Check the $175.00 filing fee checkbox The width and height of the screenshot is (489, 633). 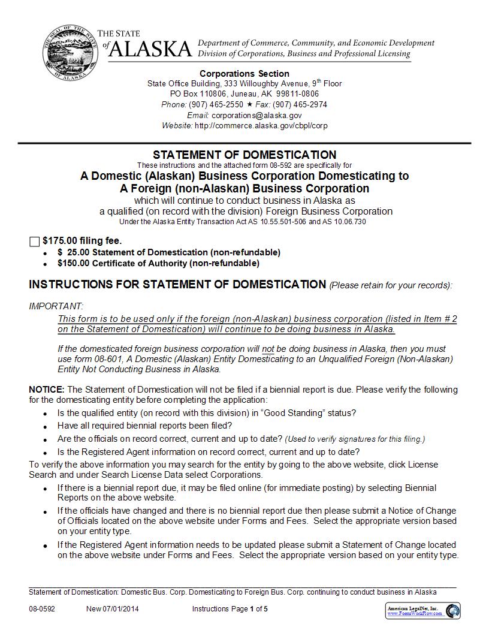tap(34, 242)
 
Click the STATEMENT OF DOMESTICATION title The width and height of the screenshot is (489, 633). tap(244, 155)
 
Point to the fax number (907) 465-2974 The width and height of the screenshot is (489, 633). tap(300, 104)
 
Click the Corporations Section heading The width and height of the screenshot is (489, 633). tap(244, 74)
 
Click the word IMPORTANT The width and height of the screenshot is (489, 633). tap(56, 306)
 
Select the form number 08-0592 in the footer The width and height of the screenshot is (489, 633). tap(42, 609)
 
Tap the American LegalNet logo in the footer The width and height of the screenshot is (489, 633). tap(422, 611)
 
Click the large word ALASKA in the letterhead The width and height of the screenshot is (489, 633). tap(150, 50)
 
